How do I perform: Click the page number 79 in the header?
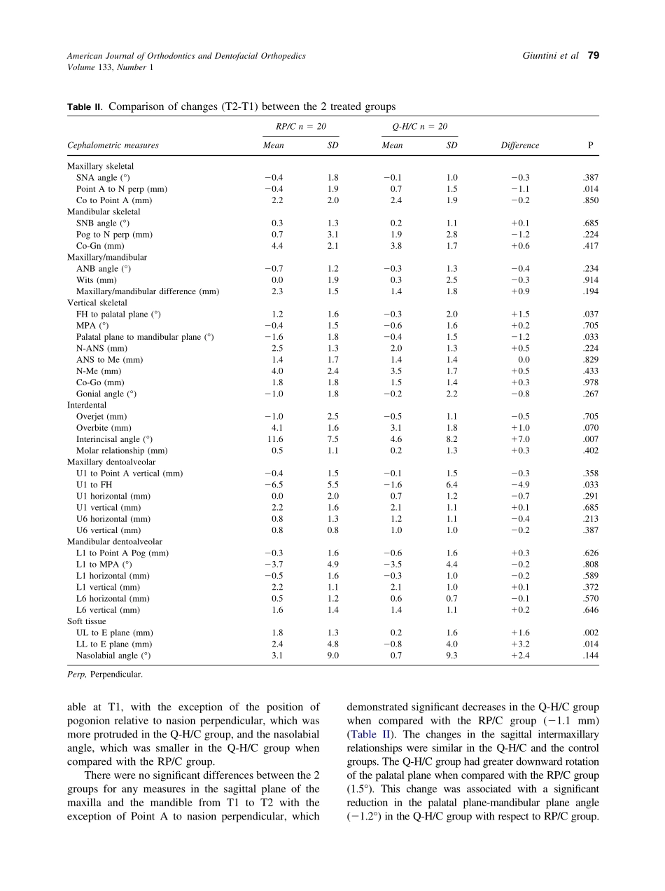tap(593, 56)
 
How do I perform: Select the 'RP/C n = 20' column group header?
tap(300, 127)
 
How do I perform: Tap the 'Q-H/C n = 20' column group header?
tap(419, 127)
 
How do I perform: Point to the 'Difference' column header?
tap(520, 146)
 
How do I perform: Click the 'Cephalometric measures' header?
tap(113, 146)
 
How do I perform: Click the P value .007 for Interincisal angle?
tap(591, 439)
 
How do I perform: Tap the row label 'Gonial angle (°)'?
tap(106, 394)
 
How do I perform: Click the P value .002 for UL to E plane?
tap(591, 633)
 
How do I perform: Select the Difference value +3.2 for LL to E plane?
tap(520, 644)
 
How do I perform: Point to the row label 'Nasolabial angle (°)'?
tap(113, 656)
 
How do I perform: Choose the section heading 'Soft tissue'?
tap(87, 621)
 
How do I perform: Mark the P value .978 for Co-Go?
tap(591, 382)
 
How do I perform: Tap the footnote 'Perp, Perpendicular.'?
tap(105, 675)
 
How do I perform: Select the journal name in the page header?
tap(186, 56)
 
